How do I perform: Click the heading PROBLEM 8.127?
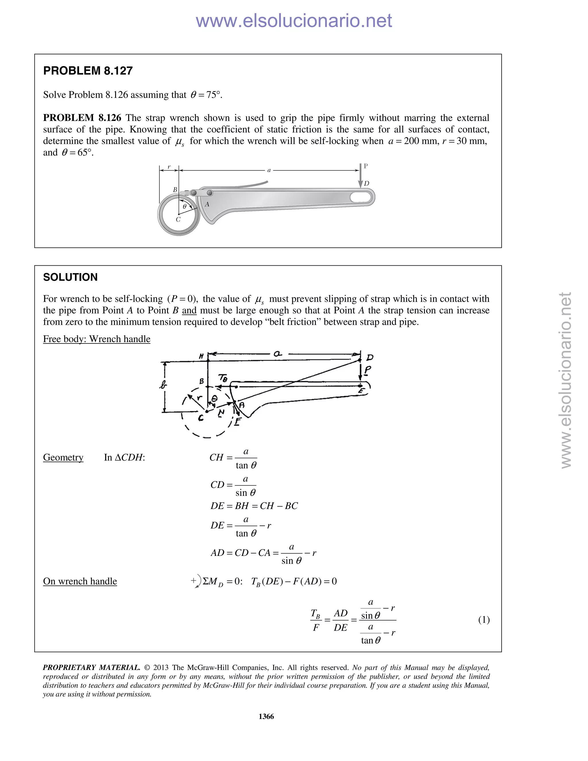[x=88, y=71]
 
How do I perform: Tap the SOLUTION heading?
[x=70, y=277]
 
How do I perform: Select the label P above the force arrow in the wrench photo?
[x=366, y=166]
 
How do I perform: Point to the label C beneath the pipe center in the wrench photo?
[x=178, y=219]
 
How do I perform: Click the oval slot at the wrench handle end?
[x=361, y=197]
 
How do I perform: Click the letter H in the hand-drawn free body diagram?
[x=201, y=356]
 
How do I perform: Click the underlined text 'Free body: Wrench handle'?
[x=96, y=339]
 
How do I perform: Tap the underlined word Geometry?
[x=63, y=457]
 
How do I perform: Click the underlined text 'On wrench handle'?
[x=80, y=581]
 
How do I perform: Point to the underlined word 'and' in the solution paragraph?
[x=189, y=310]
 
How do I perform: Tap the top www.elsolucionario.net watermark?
[x=294, y=21]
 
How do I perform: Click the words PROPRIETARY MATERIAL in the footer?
[x=91, y=668]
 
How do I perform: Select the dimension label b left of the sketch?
[x=163, y=385]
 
